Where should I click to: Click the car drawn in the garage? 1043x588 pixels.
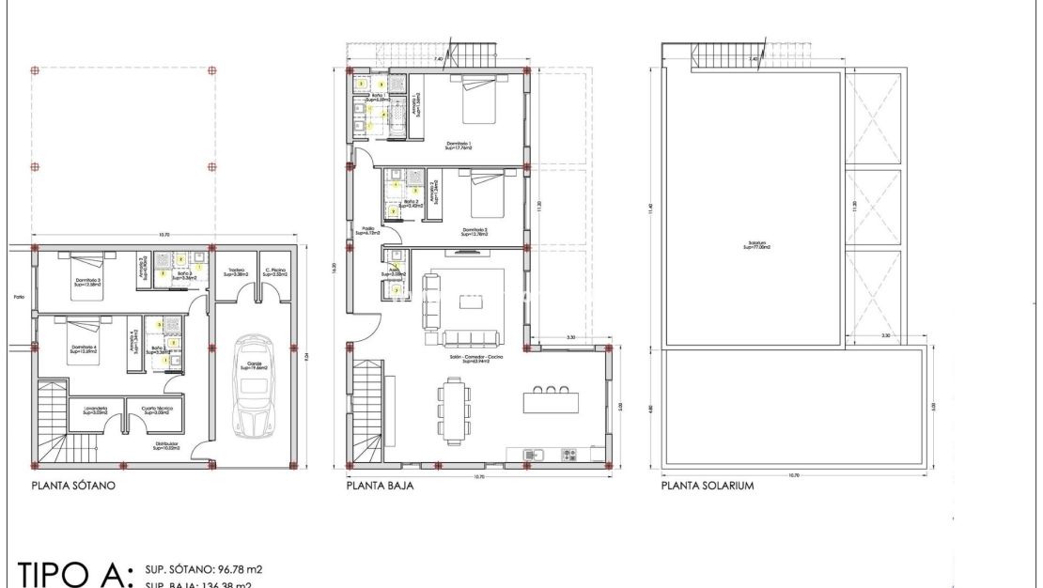pos(251,386)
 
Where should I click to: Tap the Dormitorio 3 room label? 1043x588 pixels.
pos(88,280)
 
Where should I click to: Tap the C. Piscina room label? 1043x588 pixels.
pos(275,272)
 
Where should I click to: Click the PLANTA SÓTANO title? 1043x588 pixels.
pos(73,487)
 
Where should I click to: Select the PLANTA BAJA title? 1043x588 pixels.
pos(380,487)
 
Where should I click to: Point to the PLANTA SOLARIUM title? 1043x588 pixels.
pos(708,487)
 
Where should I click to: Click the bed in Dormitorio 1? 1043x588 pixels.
pos(480,100)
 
